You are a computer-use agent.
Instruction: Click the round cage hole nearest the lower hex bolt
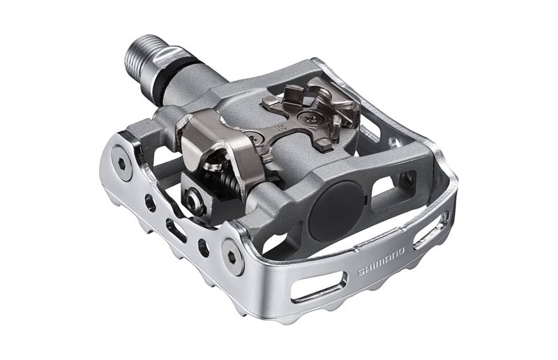pos(203,246)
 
